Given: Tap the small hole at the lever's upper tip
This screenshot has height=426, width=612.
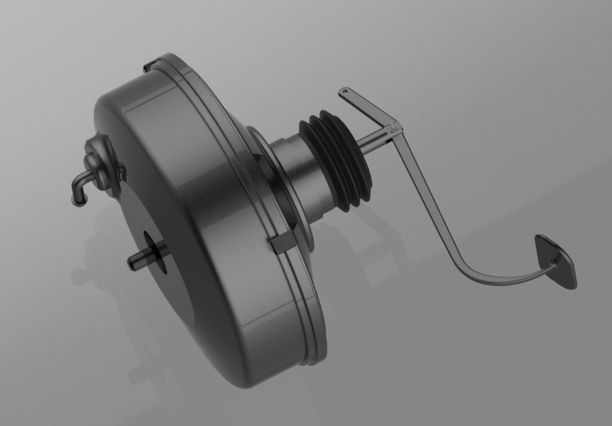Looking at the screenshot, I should [344, 91].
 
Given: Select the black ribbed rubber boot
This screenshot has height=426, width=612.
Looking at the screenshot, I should [336, 160].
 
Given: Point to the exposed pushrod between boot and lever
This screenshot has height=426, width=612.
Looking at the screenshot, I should [373, 142].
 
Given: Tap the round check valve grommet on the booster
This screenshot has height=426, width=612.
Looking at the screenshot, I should [100, 163].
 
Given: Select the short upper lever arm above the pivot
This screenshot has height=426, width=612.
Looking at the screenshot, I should [366, 106].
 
